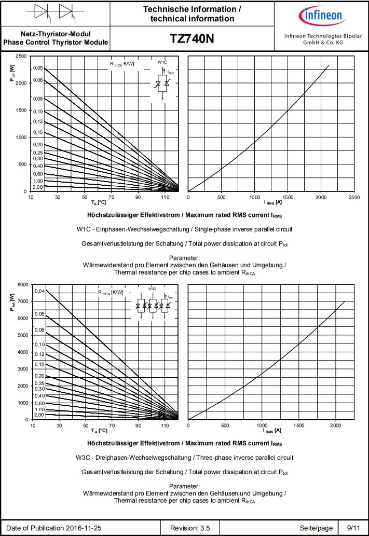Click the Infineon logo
pos(323,16)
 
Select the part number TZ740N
pos(192,39)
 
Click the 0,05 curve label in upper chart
pos(38,68)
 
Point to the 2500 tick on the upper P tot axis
pos(21,56)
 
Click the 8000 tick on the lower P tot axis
pos(22,285)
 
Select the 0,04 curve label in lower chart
pos(40,292)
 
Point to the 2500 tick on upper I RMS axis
pos(354,198)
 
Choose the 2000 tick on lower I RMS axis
pos(336,425)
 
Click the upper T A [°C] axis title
pos(99,202)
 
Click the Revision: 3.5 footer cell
pos(190,528)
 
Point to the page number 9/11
pos(353,528)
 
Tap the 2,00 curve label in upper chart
pos(37,187)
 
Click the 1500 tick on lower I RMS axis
pos(299,425)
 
